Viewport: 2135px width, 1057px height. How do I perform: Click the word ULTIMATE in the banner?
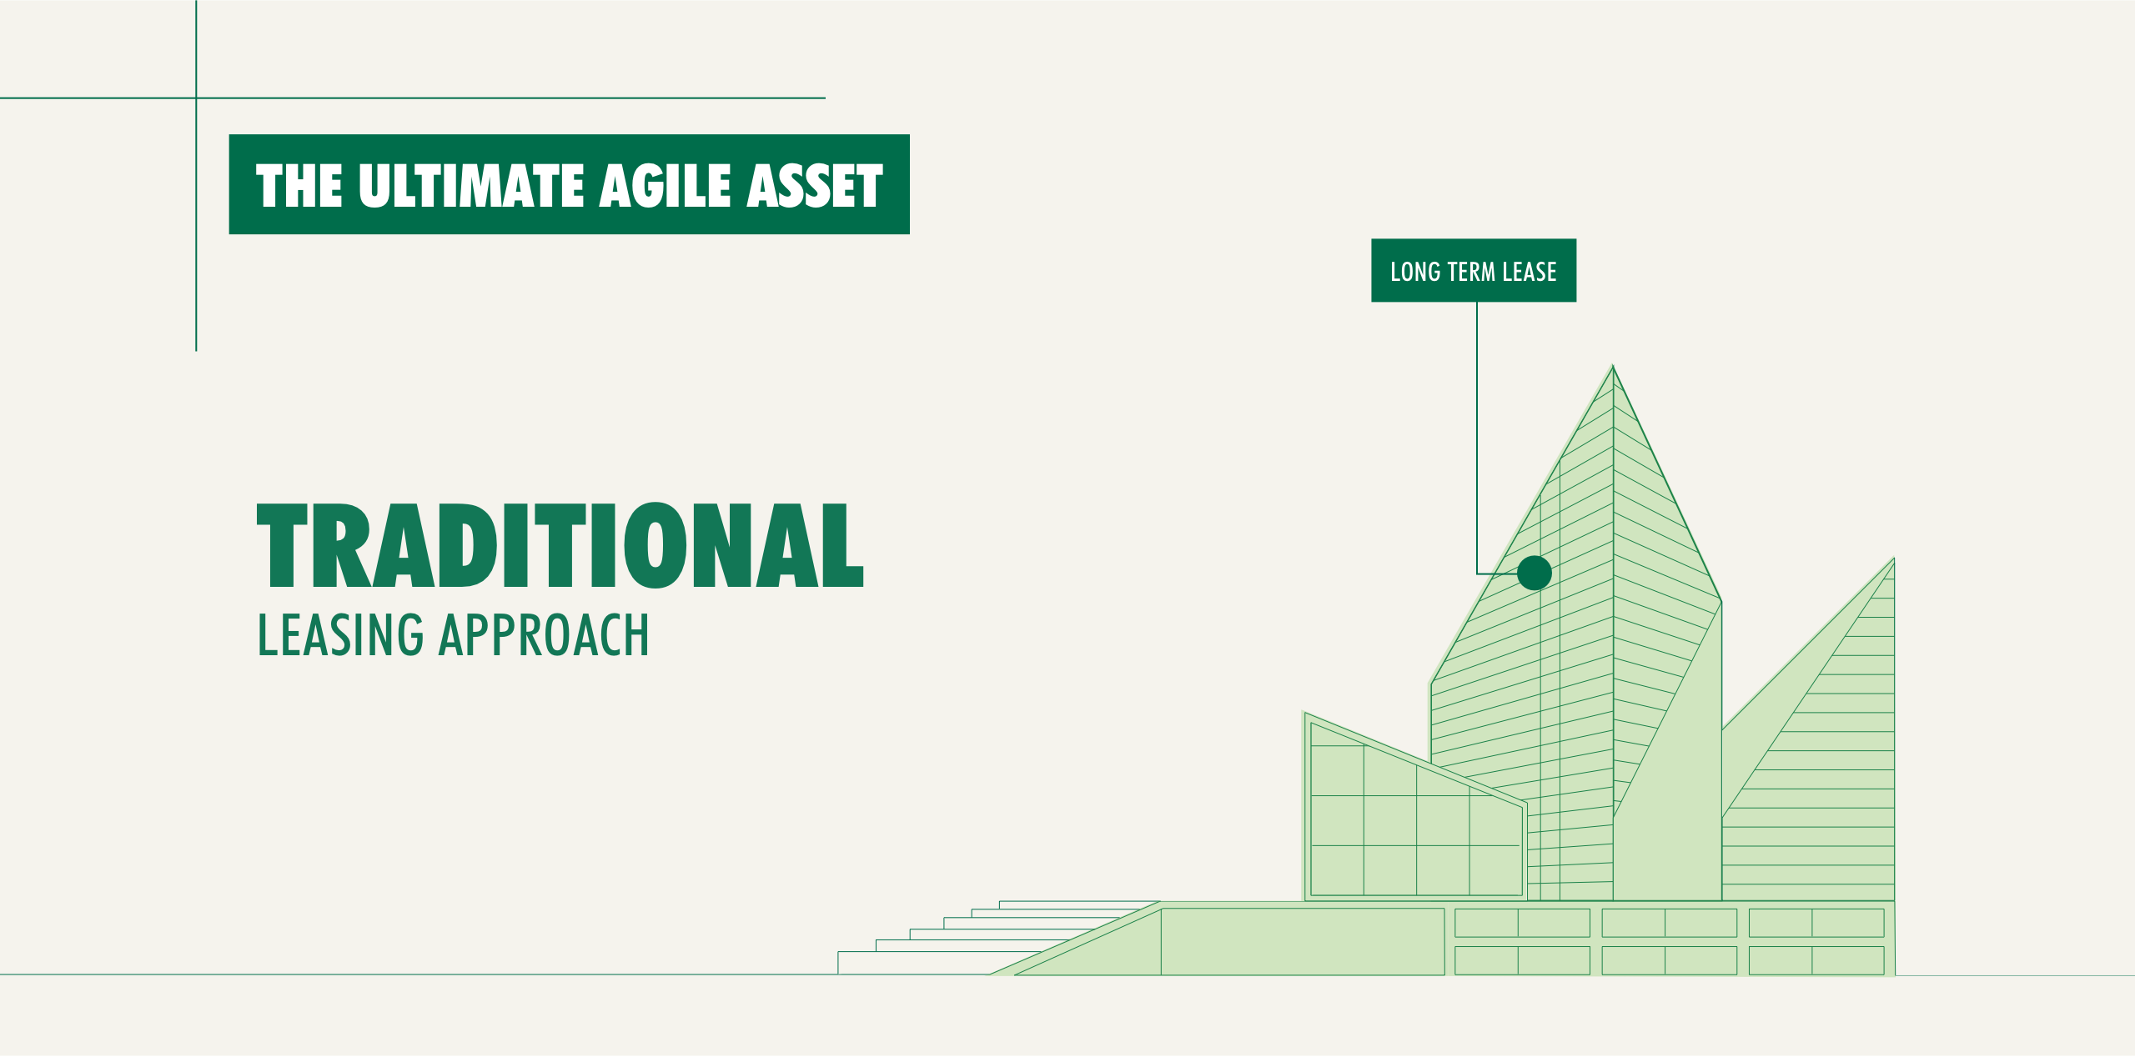click(x=471, y=185)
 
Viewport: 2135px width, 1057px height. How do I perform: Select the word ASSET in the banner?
click(x=815, y=185)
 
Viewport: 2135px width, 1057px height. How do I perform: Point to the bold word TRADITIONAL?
click(x=560, y=545)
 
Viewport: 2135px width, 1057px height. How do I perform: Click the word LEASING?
click(x=341, y=635)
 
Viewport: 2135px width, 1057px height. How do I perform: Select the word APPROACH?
click(x=545, y=635)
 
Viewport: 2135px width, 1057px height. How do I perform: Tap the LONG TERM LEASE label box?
click(x=1474, y=270)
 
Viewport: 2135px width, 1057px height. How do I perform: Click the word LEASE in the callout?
click(x=1530, y=272)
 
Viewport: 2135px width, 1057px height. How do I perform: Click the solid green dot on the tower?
click(x=1535, y=573)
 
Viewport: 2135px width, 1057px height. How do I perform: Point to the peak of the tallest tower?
click(x=1613, y=365)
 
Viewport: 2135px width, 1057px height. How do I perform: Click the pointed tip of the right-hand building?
click(x=1894, y=558)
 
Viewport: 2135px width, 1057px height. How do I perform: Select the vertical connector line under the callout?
click(x=1477, y=438)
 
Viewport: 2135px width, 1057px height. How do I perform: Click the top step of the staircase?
click(x=1079, y=904)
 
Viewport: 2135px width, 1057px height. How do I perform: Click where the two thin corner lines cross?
click(x=196, y=98)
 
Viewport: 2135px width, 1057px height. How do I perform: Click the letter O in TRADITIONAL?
click(x=656, y=545)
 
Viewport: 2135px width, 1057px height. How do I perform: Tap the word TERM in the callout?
click(x=1471, y=272)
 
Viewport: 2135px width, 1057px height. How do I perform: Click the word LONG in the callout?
click(x=1415, y=272)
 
